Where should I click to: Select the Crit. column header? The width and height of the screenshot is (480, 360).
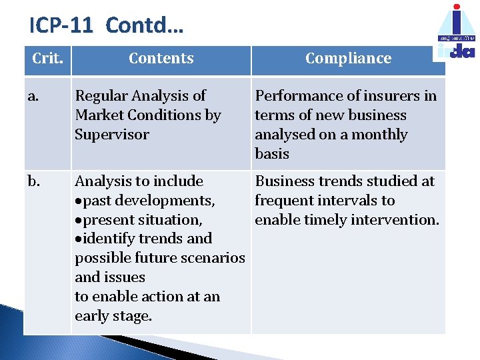[47, 59]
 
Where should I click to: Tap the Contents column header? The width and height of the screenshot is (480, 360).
[161, 59]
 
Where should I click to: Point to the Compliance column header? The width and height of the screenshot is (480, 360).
[348, 59]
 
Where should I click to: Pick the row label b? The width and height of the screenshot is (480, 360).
[33, 181]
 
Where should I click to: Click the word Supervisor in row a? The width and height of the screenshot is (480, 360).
[103, 135]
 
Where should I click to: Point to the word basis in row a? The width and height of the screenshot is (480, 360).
[272, 154]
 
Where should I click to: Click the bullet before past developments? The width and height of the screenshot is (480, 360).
[78, 201]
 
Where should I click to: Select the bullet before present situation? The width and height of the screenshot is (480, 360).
[78, 221]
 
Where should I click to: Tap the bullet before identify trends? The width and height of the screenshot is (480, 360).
[78, 239]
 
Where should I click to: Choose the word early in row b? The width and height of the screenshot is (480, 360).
[93, 316]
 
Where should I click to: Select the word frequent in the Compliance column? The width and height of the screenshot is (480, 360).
[284, 201]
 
